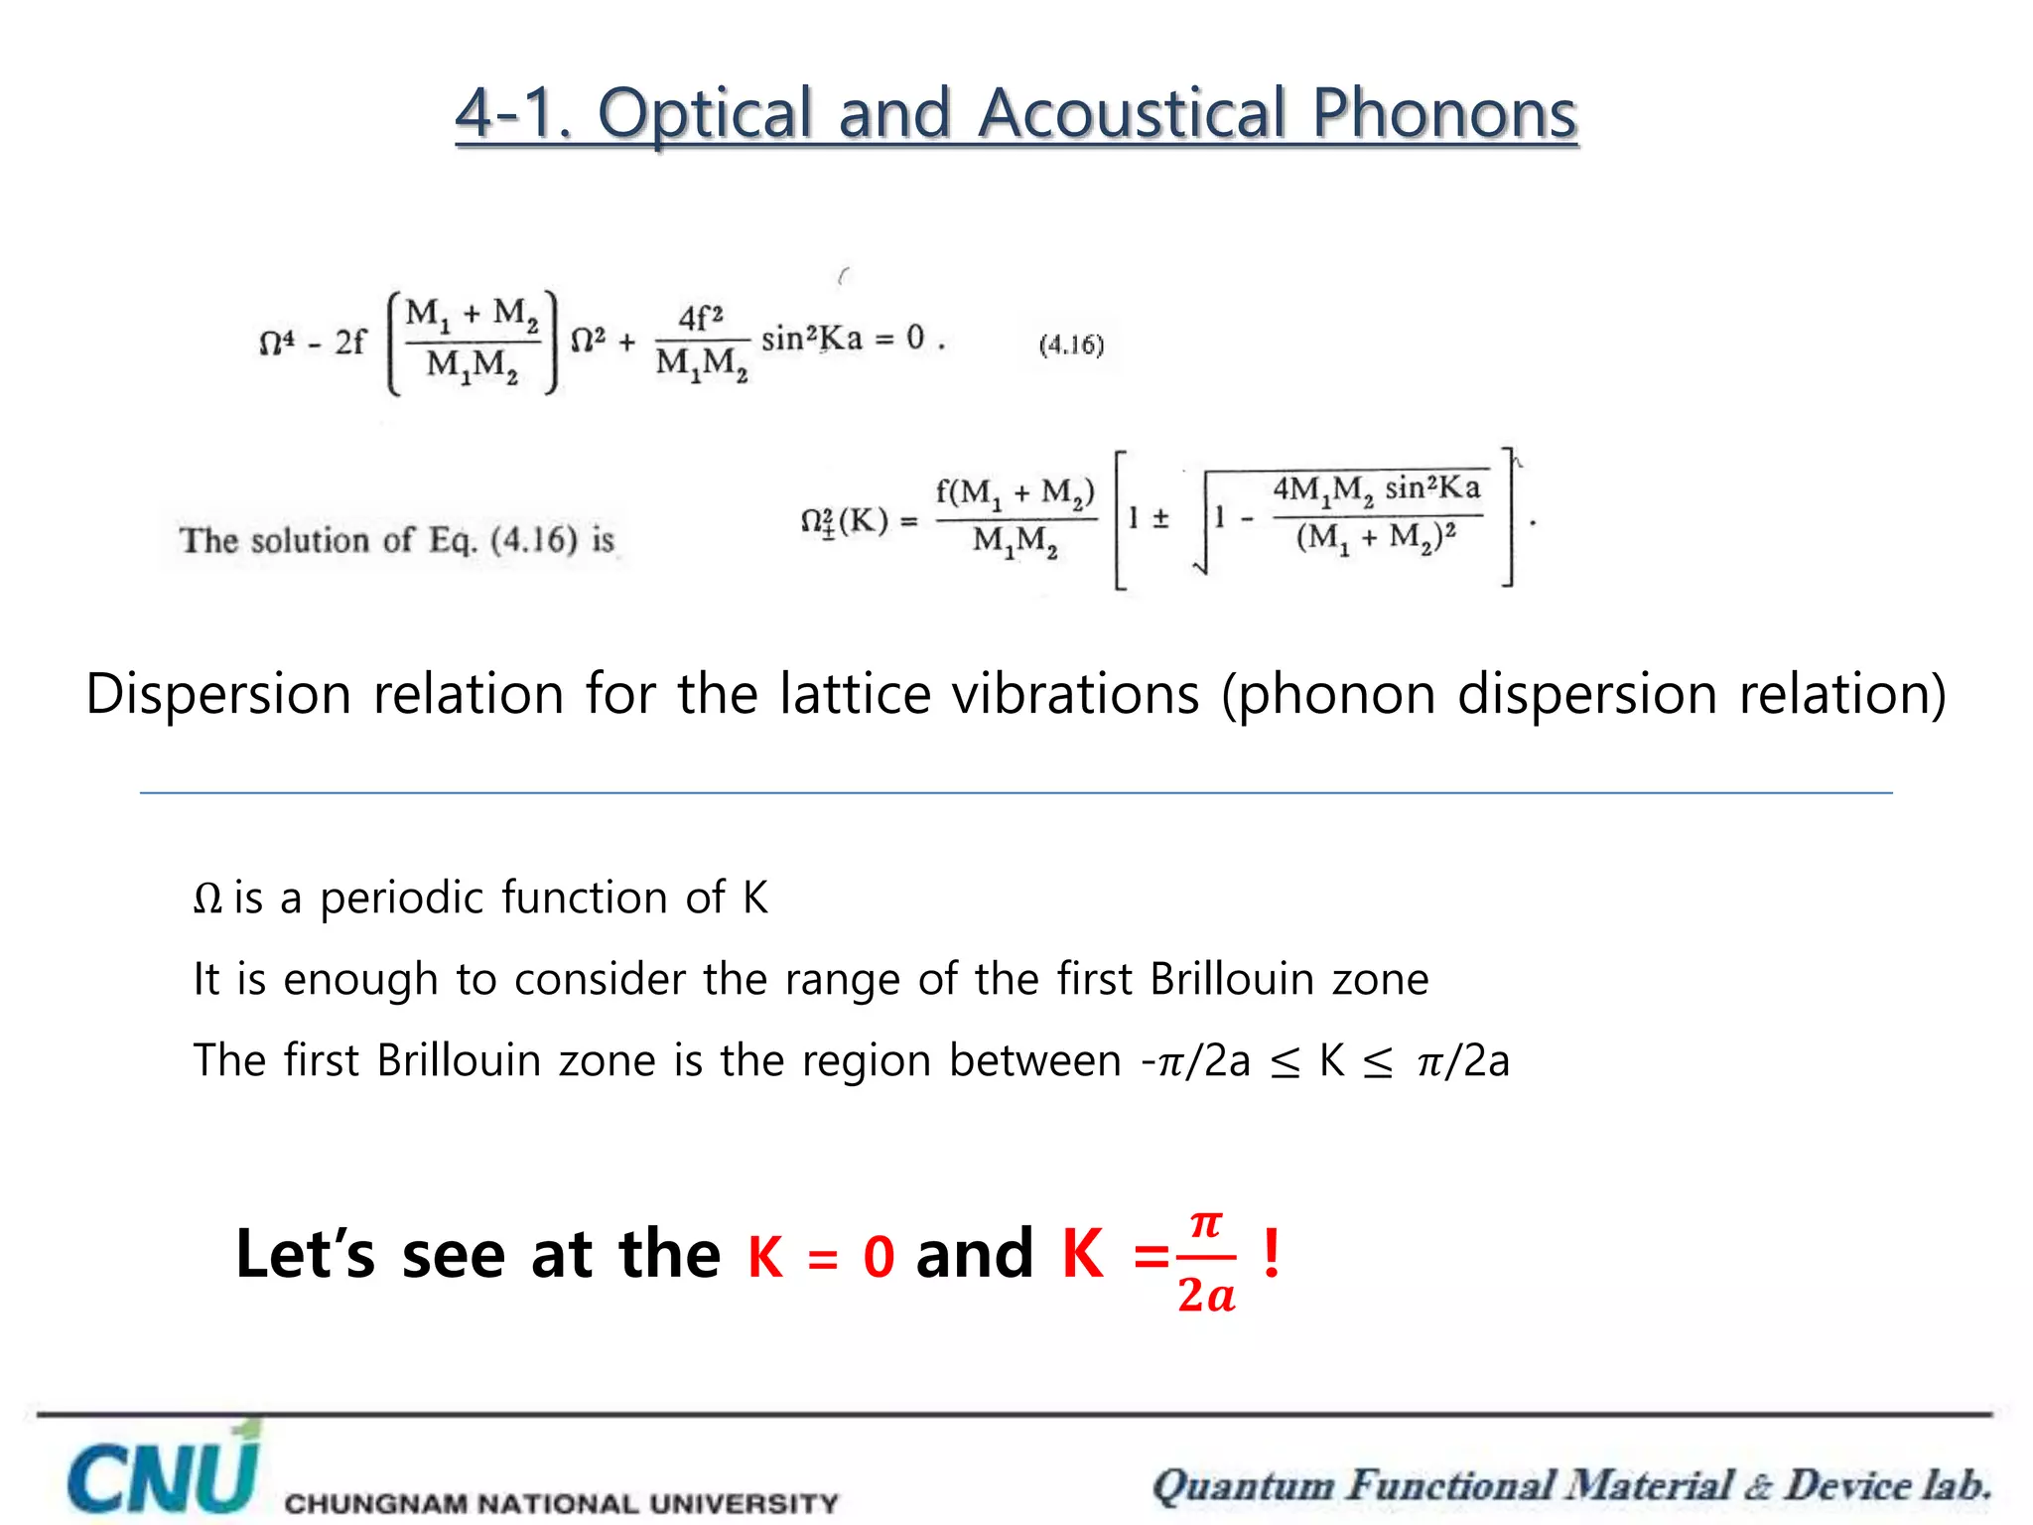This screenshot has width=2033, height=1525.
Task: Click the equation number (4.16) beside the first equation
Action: (x=1071, y=345)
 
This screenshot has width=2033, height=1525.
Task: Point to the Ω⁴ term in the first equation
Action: (x=277, y=343)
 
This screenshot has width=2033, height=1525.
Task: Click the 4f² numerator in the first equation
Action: (x=700, y=319)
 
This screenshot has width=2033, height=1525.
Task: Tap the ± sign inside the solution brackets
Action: (x=1160, y=518)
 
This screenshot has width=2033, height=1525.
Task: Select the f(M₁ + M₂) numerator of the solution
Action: (x=1015, y=491)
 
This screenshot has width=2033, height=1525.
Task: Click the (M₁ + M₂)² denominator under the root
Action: (x=1376, y=539)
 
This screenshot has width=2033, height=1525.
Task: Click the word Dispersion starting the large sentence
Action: (x=218, y=693)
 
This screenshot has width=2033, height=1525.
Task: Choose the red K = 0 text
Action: (x=821, y=1256)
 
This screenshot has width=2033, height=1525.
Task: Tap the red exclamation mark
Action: (x=1272, y=1253)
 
